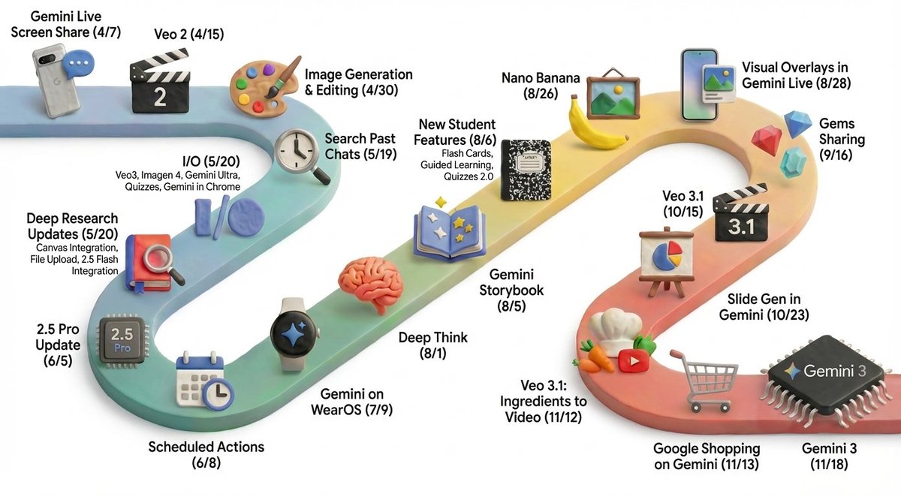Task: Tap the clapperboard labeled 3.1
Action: click(741, 217)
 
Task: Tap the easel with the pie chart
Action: click(661, 258)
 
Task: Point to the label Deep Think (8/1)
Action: click(433, 345)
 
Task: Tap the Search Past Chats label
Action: click(360, 146)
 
